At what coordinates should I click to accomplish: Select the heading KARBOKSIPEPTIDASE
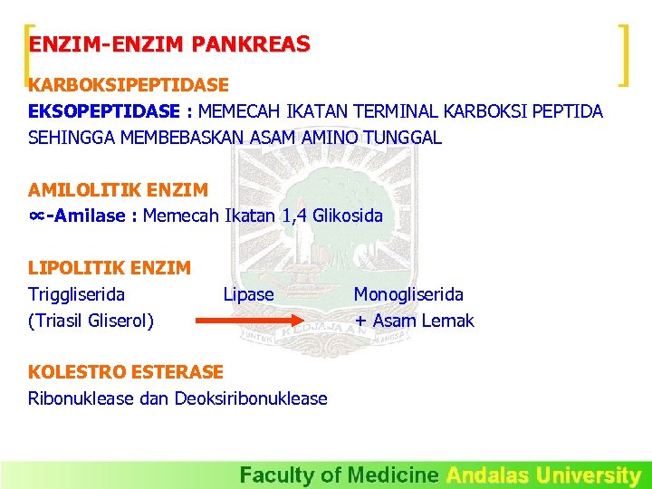tap(129, 85)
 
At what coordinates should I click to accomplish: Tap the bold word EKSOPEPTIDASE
tap(104, 111)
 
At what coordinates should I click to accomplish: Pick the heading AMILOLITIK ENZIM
tap(118, 190)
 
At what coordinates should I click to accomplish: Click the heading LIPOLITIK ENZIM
tap(110, 268)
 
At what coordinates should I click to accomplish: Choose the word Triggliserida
tap(77, 294)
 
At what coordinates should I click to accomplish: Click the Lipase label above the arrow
tap(248, 294)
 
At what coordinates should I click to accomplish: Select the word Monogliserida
tap(408, 294)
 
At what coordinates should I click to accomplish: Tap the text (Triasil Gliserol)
tap(91, 321)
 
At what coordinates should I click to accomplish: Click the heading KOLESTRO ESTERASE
tap(126, 372)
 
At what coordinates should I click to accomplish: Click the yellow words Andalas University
tap(543, 475)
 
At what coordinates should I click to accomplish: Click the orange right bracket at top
tap(623, 55)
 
